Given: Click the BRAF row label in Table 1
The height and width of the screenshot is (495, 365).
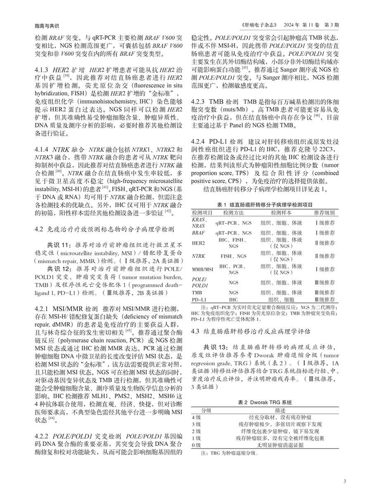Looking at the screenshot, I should (x=198, y=233).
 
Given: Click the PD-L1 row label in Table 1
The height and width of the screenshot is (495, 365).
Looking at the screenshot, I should (x=199, y=300).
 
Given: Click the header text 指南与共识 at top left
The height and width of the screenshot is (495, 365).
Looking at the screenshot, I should (x=40, y=24).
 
